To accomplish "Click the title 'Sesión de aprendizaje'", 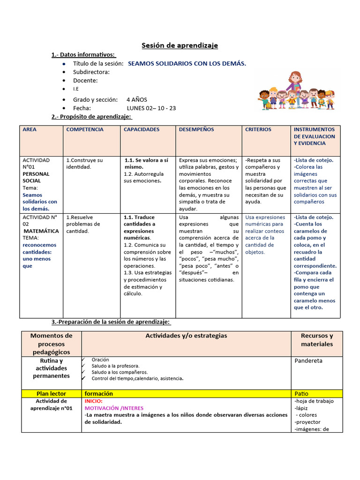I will [x=180, y=45].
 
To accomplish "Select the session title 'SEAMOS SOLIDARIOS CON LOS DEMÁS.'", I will [x=187, y=63].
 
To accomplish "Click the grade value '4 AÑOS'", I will [x=136, y=99].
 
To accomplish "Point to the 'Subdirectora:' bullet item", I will [x=91, y=72].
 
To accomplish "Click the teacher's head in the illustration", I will [x=295, y=78].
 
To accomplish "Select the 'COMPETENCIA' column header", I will [x=85, y=129].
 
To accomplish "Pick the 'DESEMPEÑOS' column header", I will [x=196, y=129].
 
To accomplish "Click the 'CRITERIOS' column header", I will [x=258, y=129].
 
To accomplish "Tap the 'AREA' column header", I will [x=30, y=129].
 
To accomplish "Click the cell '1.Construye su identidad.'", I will [x=85, y=164].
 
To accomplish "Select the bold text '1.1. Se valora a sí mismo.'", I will [x=146, y=164].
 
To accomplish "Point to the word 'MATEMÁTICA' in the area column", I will [x=41, y=231].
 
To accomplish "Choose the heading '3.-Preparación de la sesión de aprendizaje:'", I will [x=111, y=322].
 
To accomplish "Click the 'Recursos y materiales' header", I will [x=317, y=340].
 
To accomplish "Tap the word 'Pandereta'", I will [x=308, y=361].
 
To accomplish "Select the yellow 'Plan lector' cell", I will [x=51, y=394].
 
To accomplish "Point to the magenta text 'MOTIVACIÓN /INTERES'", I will [x=114, y=408].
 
